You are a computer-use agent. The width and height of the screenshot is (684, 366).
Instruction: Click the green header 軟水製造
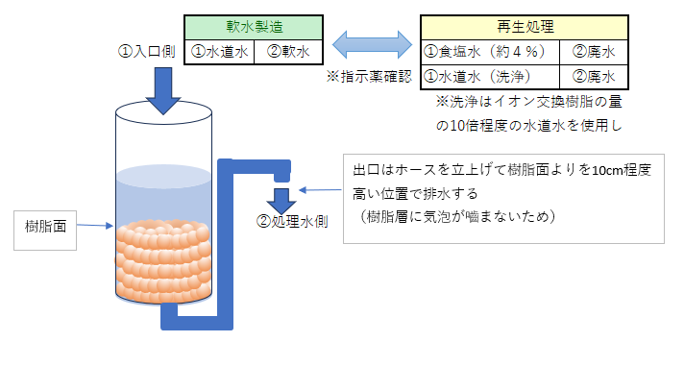coord(254,27)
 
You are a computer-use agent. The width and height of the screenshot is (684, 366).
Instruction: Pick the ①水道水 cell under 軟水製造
coord(219,52)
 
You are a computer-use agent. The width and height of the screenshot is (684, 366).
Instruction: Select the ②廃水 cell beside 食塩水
coord(593,52)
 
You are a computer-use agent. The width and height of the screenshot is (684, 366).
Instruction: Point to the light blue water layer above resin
coord(161,197)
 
